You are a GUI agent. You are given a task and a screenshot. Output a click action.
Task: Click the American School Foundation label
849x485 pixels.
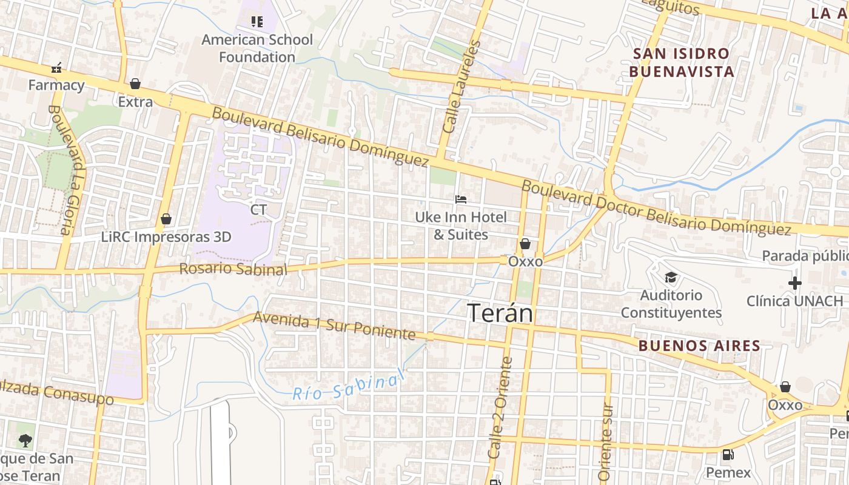coord(257,48)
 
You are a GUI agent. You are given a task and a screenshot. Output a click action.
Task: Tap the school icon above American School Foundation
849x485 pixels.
coord(257,22)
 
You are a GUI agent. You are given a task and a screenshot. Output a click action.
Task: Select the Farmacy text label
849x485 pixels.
coord(56,85)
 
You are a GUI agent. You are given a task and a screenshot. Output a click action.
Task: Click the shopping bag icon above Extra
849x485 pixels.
coord(135,83)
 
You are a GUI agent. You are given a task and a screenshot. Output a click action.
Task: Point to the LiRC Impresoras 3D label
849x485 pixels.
coord(166,236)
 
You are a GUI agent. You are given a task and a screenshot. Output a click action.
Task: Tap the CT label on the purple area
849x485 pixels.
coord(258,210)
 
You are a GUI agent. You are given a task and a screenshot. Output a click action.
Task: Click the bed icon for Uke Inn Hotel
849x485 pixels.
coord(461,199)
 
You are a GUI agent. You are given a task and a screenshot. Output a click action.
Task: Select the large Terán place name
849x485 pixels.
coord(500,313)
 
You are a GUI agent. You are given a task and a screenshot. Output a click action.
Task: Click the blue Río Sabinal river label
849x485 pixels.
coord(348,386)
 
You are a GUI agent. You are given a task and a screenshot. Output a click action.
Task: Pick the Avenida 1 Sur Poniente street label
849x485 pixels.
coord(334,326)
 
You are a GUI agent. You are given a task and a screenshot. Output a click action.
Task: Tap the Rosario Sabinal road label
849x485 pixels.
coord(233,269)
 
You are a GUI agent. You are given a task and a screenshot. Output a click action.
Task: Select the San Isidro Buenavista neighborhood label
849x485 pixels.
coord(681,62)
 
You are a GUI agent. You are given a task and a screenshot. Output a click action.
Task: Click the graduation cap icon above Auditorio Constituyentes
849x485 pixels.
coord(671,278)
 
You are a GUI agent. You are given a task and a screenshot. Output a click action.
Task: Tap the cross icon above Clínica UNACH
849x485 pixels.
coord(794,283)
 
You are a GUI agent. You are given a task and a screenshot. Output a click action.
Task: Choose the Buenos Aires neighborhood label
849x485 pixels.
coord(699,346)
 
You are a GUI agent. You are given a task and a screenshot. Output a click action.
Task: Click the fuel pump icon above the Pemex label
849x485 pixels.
coord(728,454)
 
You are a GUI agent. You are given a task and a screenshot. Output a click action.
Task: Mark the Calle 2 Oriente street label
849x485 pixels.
coord(501,407)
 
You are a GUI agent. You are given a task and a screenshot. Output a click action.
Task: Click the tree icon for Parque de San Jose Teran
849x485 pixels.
coord(25,440)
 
